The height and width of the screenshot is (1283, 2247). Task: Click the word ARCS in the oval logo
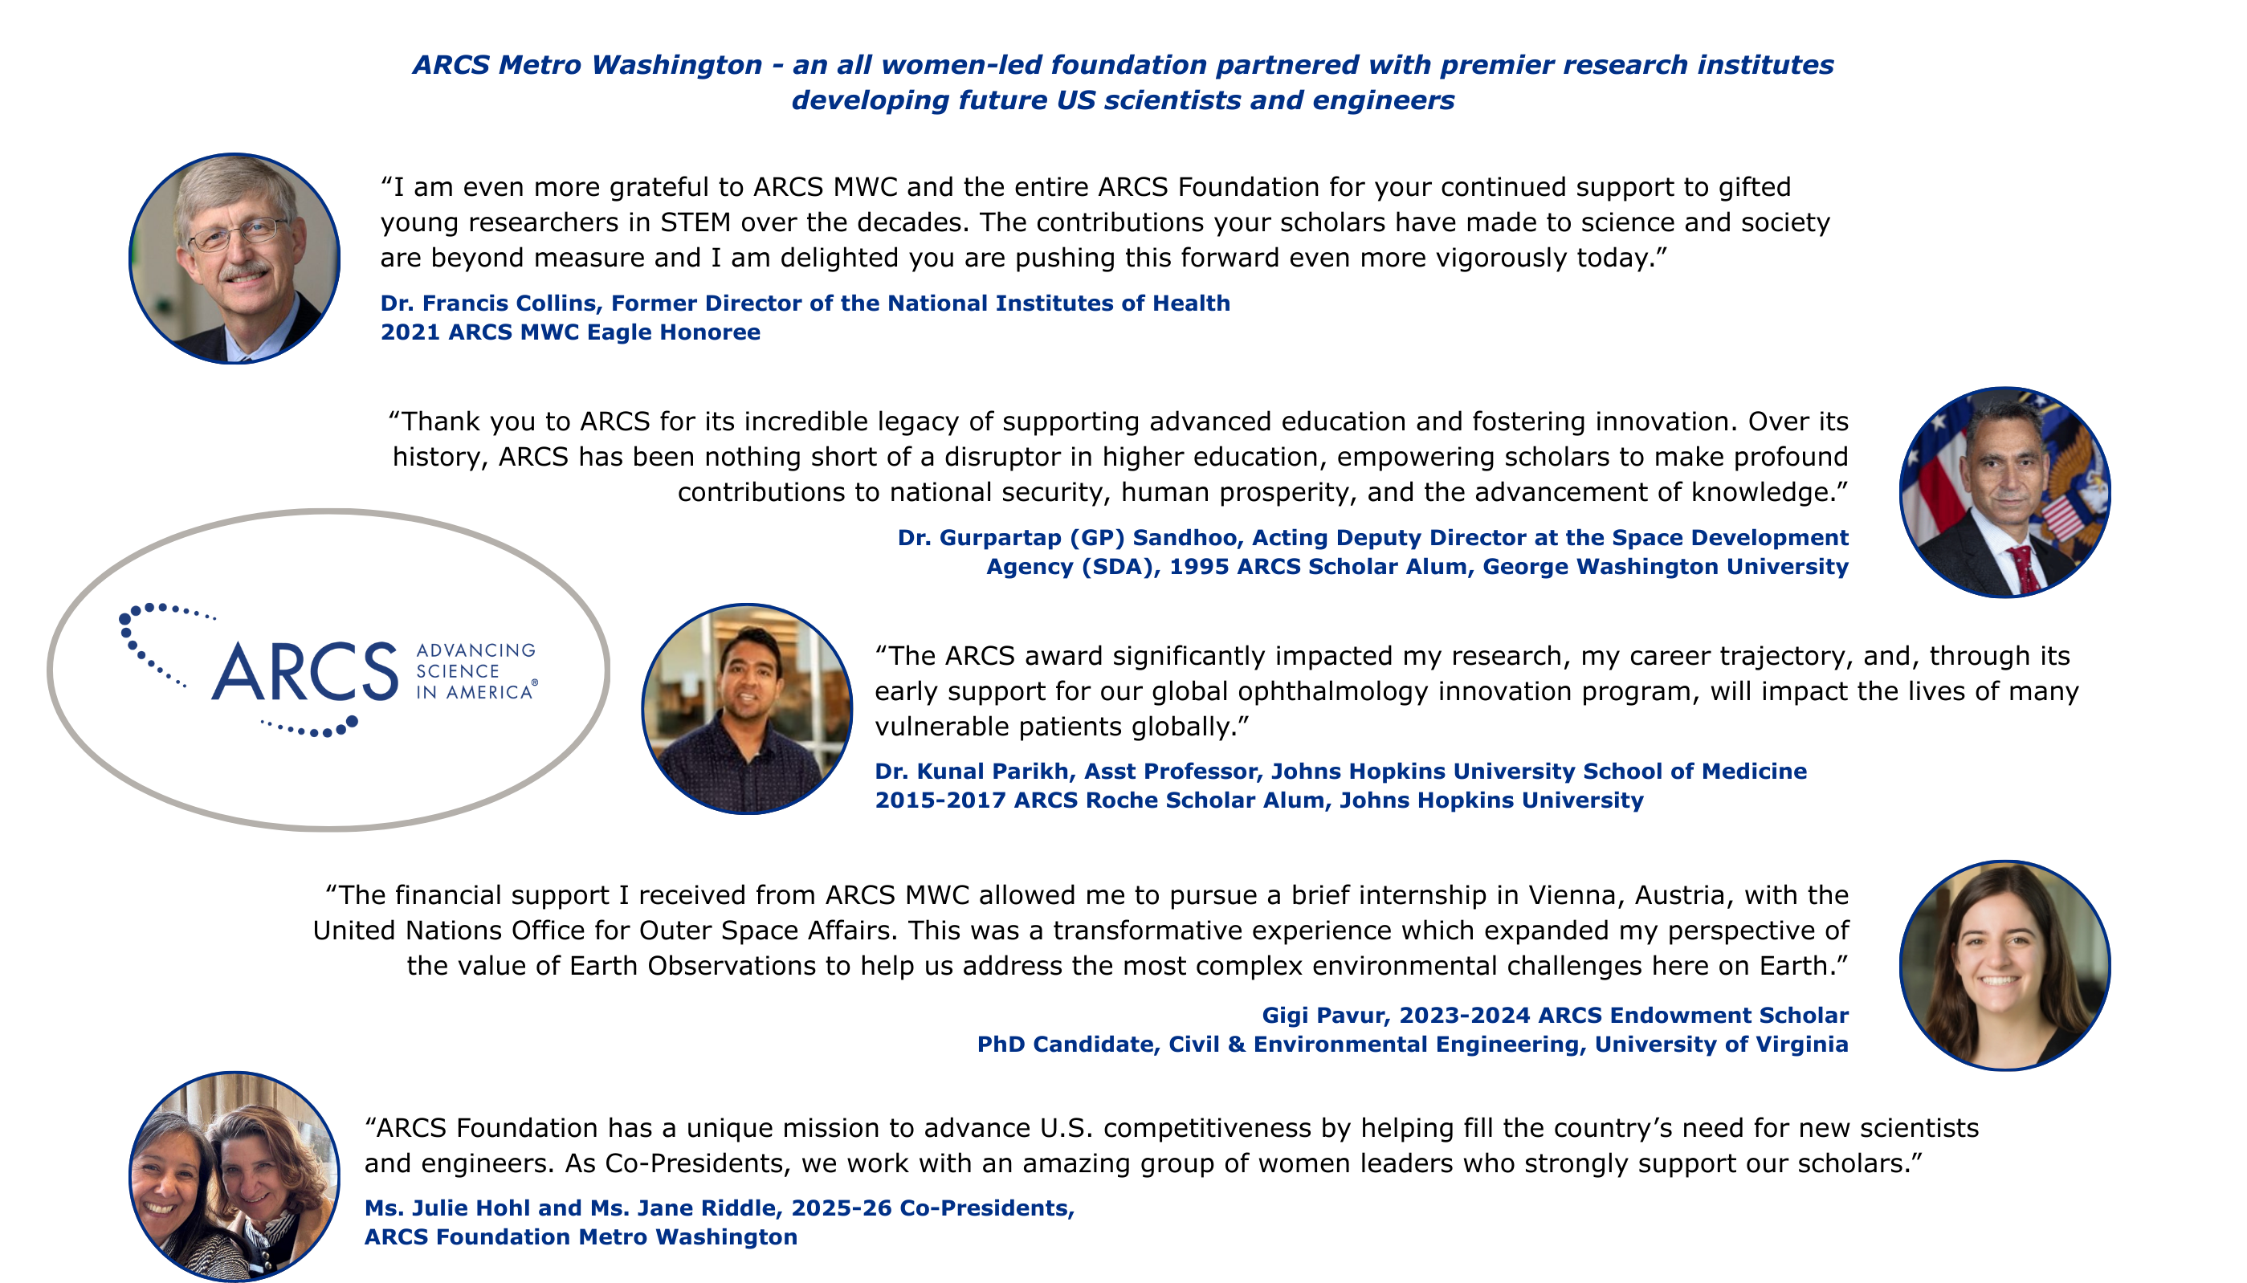click(x=305, y=671)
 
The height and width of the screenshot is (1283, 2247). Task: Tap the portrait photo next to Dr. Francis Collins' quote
click(x=234, y=259)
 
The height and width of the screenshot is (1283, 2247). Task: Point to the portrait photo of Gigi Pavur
click(x=2004, y=965)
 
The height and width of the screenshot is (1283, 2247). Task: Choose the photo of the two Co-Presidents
click(x=234, y=1175)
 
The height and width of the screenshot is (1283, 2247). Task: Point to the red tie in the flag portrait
click(x=2023, y=568)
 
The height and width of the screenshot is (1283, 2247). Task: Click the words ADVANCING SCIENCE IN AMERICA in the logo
click(x=476, y=671)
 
